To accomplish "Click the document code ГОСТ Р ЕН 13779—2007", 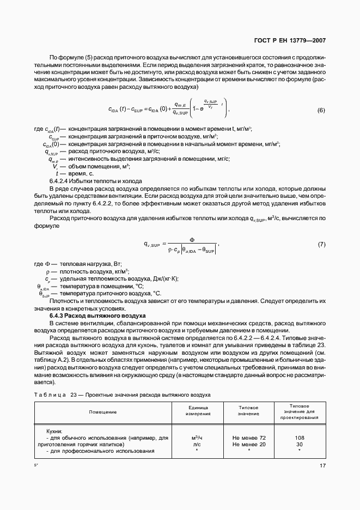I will [x=294, y=41].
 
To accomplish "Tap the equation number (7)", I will [x=321, y=244].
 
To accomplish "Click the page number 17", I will [x=322, y=465].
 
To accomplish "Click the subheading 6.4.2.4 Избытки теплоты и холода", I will [x=96, y=181].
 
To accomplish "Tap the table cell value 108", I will [x=299, y=438].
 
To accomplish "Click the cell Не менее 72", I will [x=249, y=438].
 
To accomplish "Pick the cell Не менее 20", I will [x=249, y=444].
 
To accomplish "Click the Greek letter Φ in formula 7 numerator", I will [x=191, y=239].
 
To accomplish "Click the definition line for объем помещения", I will [x=87, y=166].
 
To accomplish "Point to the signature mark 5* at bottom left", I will [x=36, y=465].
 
